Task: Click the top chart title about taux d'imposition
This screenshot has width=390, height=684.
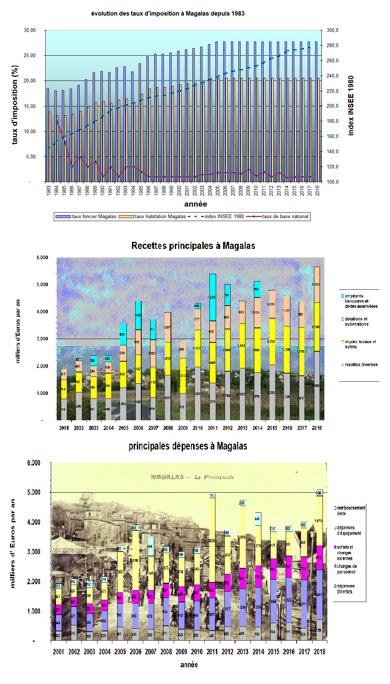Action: click(168, 14)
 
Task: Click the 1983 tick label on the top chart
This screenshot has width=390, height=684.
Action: click(49, 191)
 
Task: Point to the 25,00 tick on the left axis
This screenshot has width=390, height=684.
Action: click(30, 56)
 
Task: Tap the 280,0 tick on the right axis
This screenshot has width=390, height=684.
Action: click(333, 46)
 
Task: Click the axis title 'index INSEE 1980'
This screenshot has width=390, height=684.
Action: click(351, 106)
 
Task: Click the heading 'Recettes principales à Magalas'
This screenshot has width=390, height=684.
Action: click(193, 246)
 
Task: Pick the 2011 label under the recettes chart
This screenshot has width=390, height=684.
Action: click(213, 428)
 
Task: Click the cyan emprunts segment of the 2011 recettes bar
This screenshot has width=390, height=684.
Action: click(213, 297)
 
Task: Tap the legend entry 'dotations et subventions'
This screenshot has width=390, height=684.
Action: click(356, 321)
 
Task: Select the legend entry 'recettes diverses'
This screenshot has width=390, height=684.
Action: click(361, 365)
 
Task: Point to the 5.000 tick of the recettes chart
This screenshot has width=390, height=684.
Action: click(42, 285)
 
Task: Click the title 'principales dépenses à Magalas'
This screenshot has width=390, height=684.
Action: click(188, 446)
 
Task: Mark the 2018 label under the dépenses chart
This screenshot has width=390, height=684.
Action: click(319, 652)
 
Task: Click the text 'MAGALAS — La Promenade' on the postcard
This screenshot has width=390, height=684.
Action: click(192, 477)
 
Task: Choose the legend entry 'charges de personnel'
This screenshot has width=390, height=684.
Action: click(347, 569)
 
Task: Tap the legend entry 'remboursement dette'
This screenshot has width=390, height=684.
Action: click(351, 510)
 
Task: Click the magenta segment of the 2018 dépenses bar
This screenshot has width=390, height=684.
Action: click(319, 558)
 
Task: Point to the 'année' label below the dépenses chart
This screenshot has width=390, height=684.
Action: click(189, 665)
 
